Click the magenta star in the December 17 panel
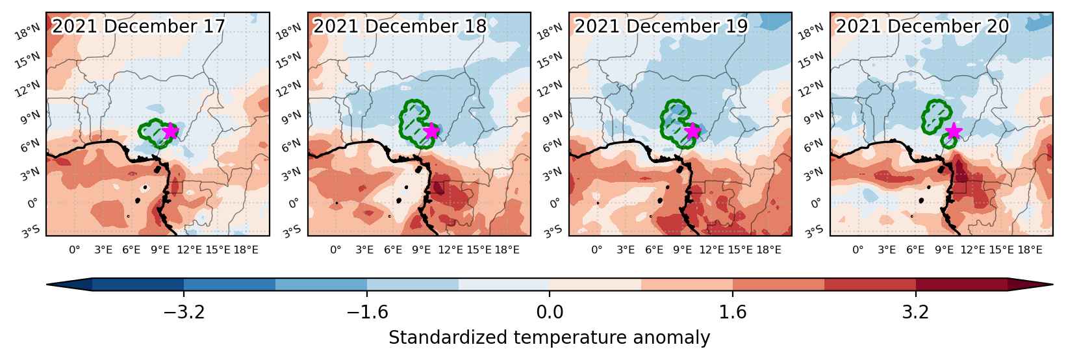[170, 131]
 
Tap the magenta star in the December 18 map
[431, 131]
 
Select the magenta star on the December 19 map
[692, 131]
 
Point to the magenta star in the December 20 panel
[953, 131]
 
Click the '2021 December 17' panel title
[138, 26]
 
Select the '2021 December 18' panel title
[400, 26]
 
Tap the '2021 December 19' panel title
[661, 26]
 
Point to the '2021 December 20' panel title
[922, 26]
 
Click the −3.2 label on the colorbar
[184, 312]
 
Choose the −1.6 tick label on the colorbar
[367, 312]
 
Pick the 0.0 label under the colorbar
[550, 312]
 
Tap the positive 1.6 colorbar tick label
[732, 312]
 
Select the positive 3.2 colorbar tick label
[916, 312]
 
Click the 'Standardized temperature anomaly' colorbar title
[549, 338]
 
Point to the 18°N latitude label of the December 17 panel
[27, 32]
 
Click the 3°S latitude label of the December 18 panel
[292, 232]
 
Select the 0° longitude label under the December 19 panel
[597, 250]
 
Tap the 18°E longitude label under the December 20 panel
[1030, 250]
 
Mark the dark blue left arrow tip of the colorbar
[47, 284]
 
